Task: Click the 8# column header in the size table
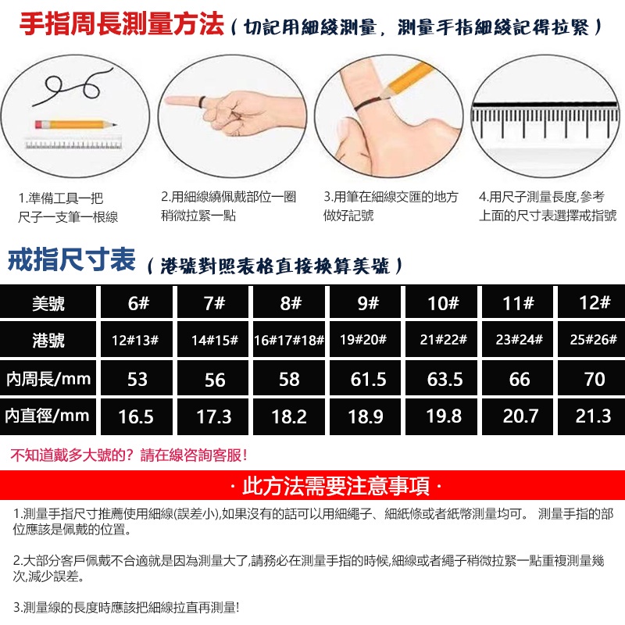coord(289,302)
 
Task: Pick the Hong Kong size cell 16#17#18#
coord(289,340)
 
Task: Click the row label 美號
coord(48,302)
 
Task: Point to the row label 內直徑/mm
coord(48,416)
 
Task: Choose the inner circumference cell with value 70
coord(594,378)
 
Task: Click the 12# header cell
coord(594,302)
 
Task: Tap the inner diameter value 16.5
coord(136,416)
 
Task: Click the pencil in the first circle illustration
coord(76,125)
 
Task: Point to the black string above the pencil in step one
coord(72,87)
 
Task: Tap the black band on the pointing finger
coord(202,102)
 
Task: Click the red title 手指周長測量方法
coord(122,24)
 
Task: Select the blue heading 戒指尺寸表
coord(72,259)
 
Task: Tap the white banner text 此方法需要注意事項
coord(336,486)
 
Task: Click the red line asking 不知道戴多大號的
coord(129,455)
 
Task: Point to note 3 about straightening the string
coord(126,608)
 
